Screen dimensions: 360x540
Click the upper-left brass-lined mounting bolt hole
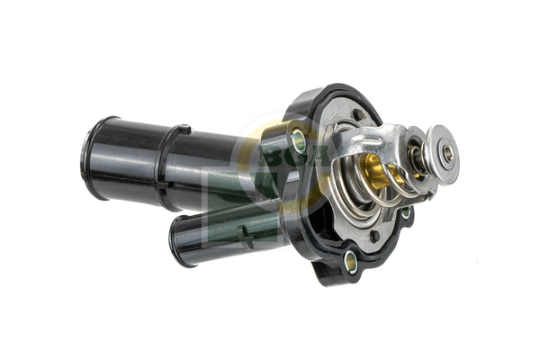299,141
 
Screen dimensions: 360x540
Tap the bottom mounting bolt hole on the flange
350,263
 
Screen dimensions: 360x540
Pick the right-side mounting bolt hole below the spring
406,213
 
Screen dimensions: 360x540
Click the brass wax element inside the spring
373,171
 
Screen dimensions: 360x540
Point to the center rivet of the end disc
447,153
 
